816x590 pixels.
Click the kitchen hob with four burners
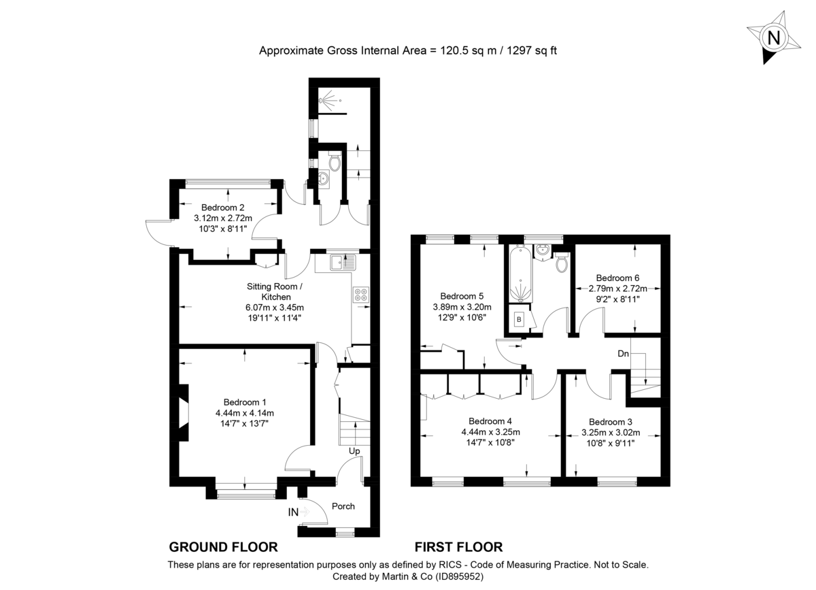click(x=361, y=295)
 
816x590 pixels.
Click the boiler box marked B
click(x=520, y=318)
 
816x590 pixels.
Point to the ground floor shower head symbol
click(x=328, y=101)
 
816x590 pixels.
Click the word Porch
click(x=343, y=506)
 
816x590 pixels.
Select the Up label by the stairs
click(x=354, y=451)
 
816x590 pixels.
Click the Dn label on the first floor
click(x=623, y=353)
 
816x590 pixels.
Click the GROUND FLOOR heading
click(x=223, y=547)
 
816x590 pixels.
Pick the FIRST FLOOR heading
click(x=458, y=547)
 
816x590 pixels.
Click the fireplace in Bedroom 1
click(x=183, y=415)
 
